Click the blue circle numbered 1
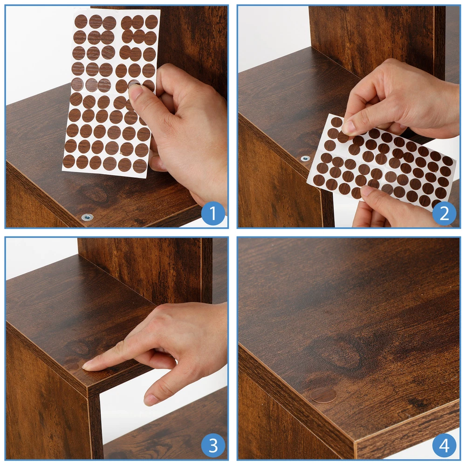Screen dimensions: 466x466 213,213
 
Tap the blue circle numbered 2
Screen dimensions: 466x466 444,213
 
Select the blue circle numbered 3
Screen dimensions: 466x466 213,445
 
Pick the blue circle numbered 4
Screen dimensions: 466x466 444,445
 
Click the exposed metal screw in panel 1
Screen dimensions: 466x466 88,217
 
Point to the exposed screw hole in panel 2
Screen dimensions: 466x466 305,158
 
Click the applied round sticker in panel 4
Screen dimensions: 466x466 324,395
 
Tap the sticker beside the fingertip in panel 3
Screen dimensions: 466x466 72,366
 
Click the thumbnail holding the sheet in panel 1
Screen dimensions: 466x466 136,92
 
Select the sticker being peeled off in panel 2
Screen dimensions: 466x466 344,137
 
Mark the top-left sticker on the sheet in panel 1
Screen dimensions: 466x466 81,21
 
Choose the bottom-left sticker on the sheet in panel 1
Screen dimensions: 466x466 69,161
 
